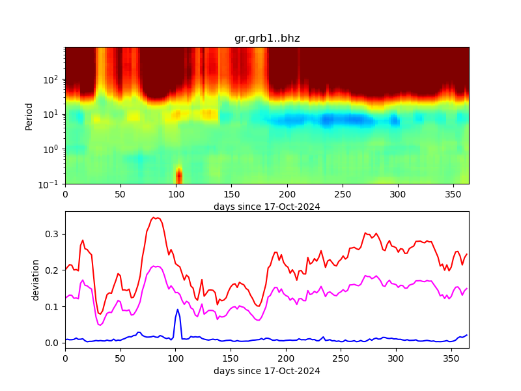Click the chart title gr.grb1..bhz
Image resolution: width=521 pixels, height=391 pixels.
coord(267,38)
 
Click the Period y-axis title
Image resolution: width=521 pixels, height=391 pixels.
coord(29,115)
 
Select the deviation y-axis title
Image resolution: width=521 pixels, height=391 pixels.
coord(36,280)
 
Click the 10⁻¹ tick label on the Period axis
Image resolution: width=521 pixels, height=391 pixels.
coord(52,184)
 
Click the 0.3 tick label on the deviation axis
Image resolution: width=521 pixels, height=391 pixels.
coord(52,234)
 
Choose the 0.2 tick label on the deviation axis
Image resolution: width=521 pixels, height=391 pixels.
coord(52,270)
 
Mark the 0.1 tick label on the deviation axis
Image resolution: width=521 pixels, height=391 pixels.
coord(52,306)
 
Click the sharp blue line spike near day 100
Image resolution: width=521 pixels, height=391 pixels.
coord(177,310)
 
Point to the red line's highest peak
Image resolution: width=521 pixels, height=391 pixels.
coord(154,218)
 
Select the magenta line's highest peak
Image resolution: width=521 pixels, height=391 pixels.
coord(156,266)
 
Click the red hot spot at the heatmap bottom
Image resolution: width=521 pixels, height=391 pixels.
coord(178,176)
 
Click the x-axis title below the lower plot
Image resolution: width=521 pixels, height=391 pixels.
coord(267,371)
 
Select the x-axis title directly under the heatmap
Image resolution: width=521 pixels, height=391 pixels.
coord(267,207)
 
